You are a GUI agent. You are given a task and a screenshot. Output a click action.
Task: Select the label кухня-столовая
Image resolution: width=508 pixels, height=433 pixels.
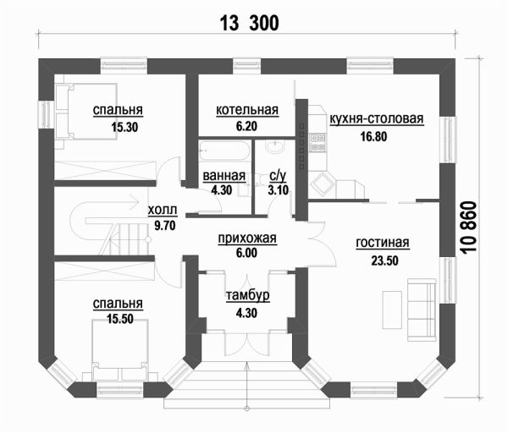(376, 118)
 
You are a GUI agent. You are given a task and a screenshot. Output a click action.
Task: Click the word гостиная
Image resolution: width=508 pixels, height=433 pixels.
(383, 244)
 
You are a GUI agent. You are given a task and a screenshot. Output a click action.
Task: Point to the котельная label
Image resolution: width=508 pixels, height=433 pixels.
(247, 111)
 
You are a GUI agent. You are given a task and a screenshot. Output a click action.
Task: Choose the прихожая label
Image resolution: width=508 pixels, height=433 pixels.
(247, 239)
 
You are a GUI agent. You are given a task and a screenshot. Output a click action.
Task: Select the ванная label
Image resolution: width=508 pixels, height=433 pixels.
(224, 176)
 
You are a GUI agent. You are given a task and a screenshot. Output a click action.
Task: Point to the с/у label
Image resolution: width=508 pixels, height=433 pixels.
(277, 176)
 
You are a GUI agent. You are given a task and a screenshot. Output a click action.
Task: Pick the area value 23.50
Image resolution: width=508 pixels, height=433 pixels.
(384, 260)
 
